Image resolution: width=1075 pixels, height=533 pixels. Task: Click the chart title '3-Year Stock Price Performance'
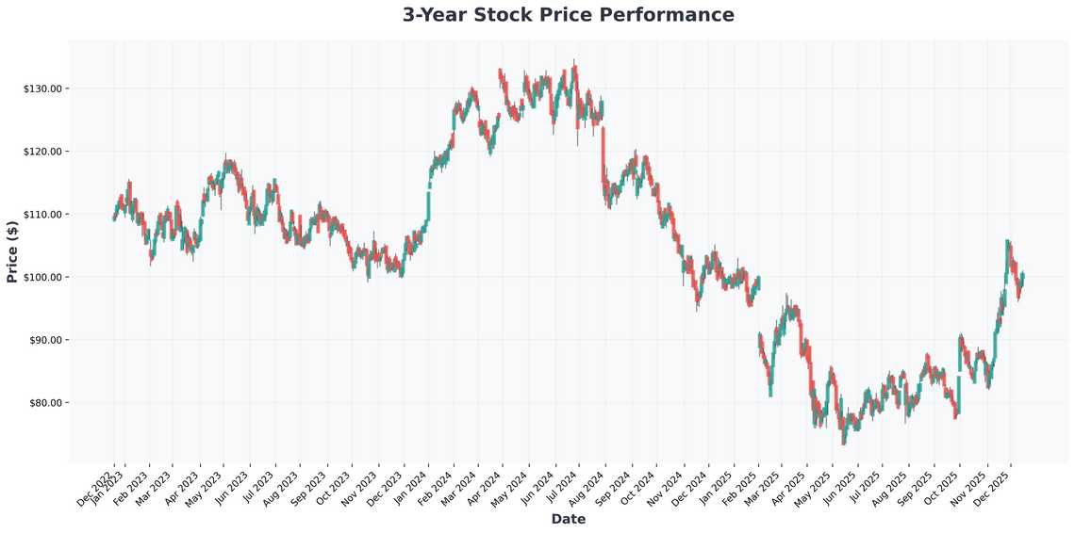[568, 15]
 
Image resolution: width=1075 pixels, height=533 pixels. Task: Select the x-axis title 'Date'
[568, 519]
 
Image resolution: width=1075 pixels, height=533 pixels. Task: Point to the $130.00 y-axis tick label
[43, 89]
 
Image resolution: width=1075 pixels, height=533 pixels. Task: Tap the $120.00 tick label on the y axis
[43, 152]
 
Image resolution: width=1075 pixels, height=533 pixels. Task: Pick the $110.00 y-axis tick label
[43, 215]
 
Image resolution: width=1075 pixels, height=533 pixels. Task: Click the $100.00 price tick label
[43, 277]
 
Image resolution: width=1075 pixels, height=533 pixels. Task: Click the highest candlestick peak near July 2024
[574, 62]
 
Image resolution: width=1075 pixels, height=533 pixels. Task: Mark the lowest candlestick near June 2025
[844, 443]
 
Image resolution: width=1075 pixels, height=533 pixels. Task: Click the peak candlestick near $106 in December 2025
[1007, 241]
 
